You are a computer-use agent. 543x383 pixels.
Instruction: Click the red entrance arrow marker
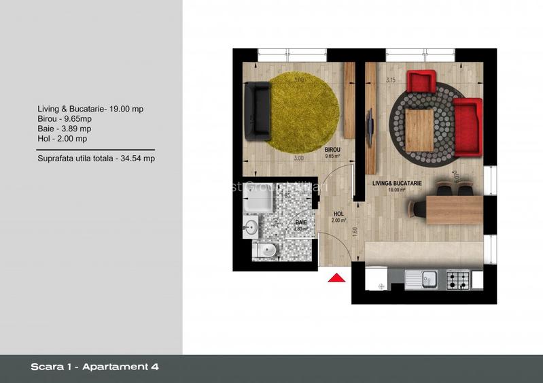[335, 278]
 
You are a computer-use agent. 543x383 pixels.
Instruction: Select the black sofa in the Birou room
[258, 110]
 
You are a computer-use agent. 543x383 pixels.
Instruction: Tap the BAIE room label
[300, 222]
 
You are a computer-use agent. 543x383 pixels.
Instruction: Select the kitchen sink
[423, 278]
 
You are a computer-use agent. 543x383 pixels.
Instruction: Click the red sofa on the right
[468, 124]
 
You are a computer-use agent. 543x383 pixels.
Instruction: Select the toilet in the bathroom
[264, 251]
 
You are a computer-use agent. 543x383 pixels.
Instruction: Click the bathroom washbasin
[251, 227]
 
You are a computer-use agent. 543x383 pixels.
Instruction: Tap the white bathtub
[259, 198]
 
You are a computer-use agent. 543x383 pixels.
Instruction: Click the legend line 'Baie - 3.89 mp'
[65, 129]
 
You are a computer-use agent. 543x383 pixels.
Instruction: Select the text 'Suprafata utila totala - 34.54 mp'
[96, 159]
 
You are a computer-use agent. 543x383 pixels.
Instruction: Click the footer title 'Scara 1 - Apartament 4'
[95, 367]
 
